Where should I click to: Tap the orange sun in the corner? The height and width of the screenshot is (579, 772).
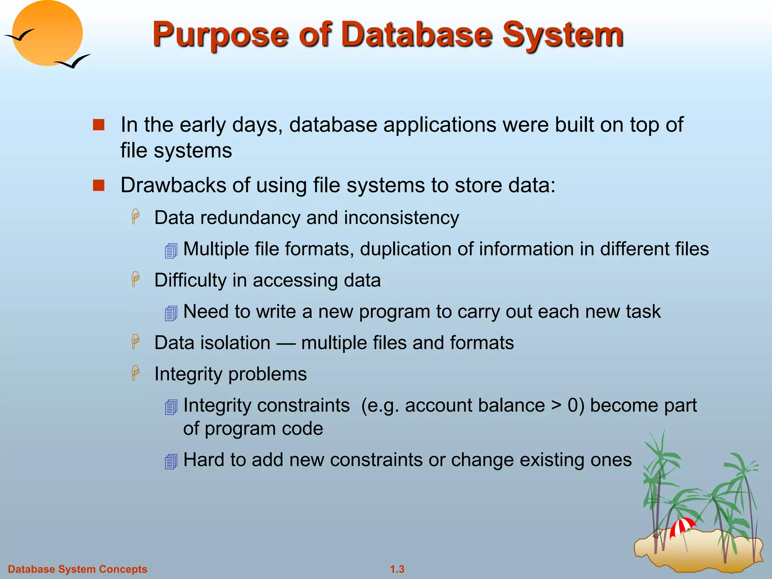tap(47, 33)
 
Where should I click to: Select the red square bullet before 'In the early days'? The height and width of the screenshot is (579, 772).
tap(98, 125)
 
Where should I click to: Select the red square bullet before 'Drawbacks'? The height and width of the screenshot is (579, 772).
tap(98, 185)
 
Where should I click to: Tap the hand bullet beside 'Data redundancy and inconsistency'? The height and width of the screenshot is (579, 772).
tap(135, 217)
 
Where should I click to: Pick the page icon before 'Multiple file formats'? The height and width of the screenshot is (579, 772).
tap(171, 251)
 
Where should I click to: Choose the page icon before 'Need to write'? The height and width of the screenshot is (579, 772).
tap(171, 313)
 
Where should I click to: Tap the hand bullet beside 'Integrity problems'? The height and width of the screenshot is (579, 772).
tap(135, 373)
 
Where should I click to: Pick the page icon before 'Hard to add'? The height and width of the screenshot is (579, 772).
tap(171, 461)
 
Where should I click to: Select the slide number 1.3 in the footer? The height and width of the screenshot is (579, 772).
tap(397, 569)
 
